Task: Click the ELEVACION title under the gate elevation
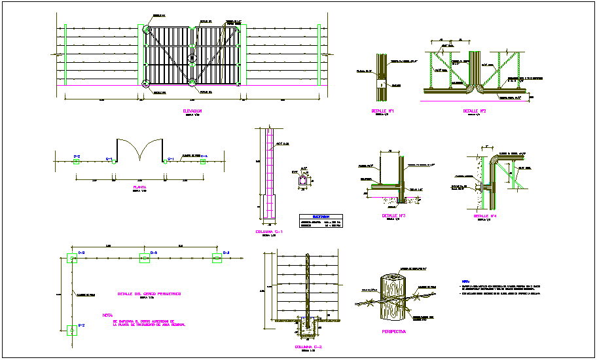tap(192, 111)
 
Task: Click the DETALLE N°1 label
tap(381, 111)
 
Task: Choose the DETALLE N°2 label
tap(474, 111)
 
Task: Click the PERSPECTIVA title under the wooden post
tap(393, 332)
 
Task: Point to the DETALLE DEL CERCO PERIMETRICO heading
tap(149, 295)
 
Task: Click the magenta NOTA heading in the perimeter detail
tap(107, 315)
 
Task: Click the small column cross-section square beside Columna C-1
tap(303, 181)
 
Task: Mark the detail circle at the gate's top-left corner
tap(147, 30)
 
